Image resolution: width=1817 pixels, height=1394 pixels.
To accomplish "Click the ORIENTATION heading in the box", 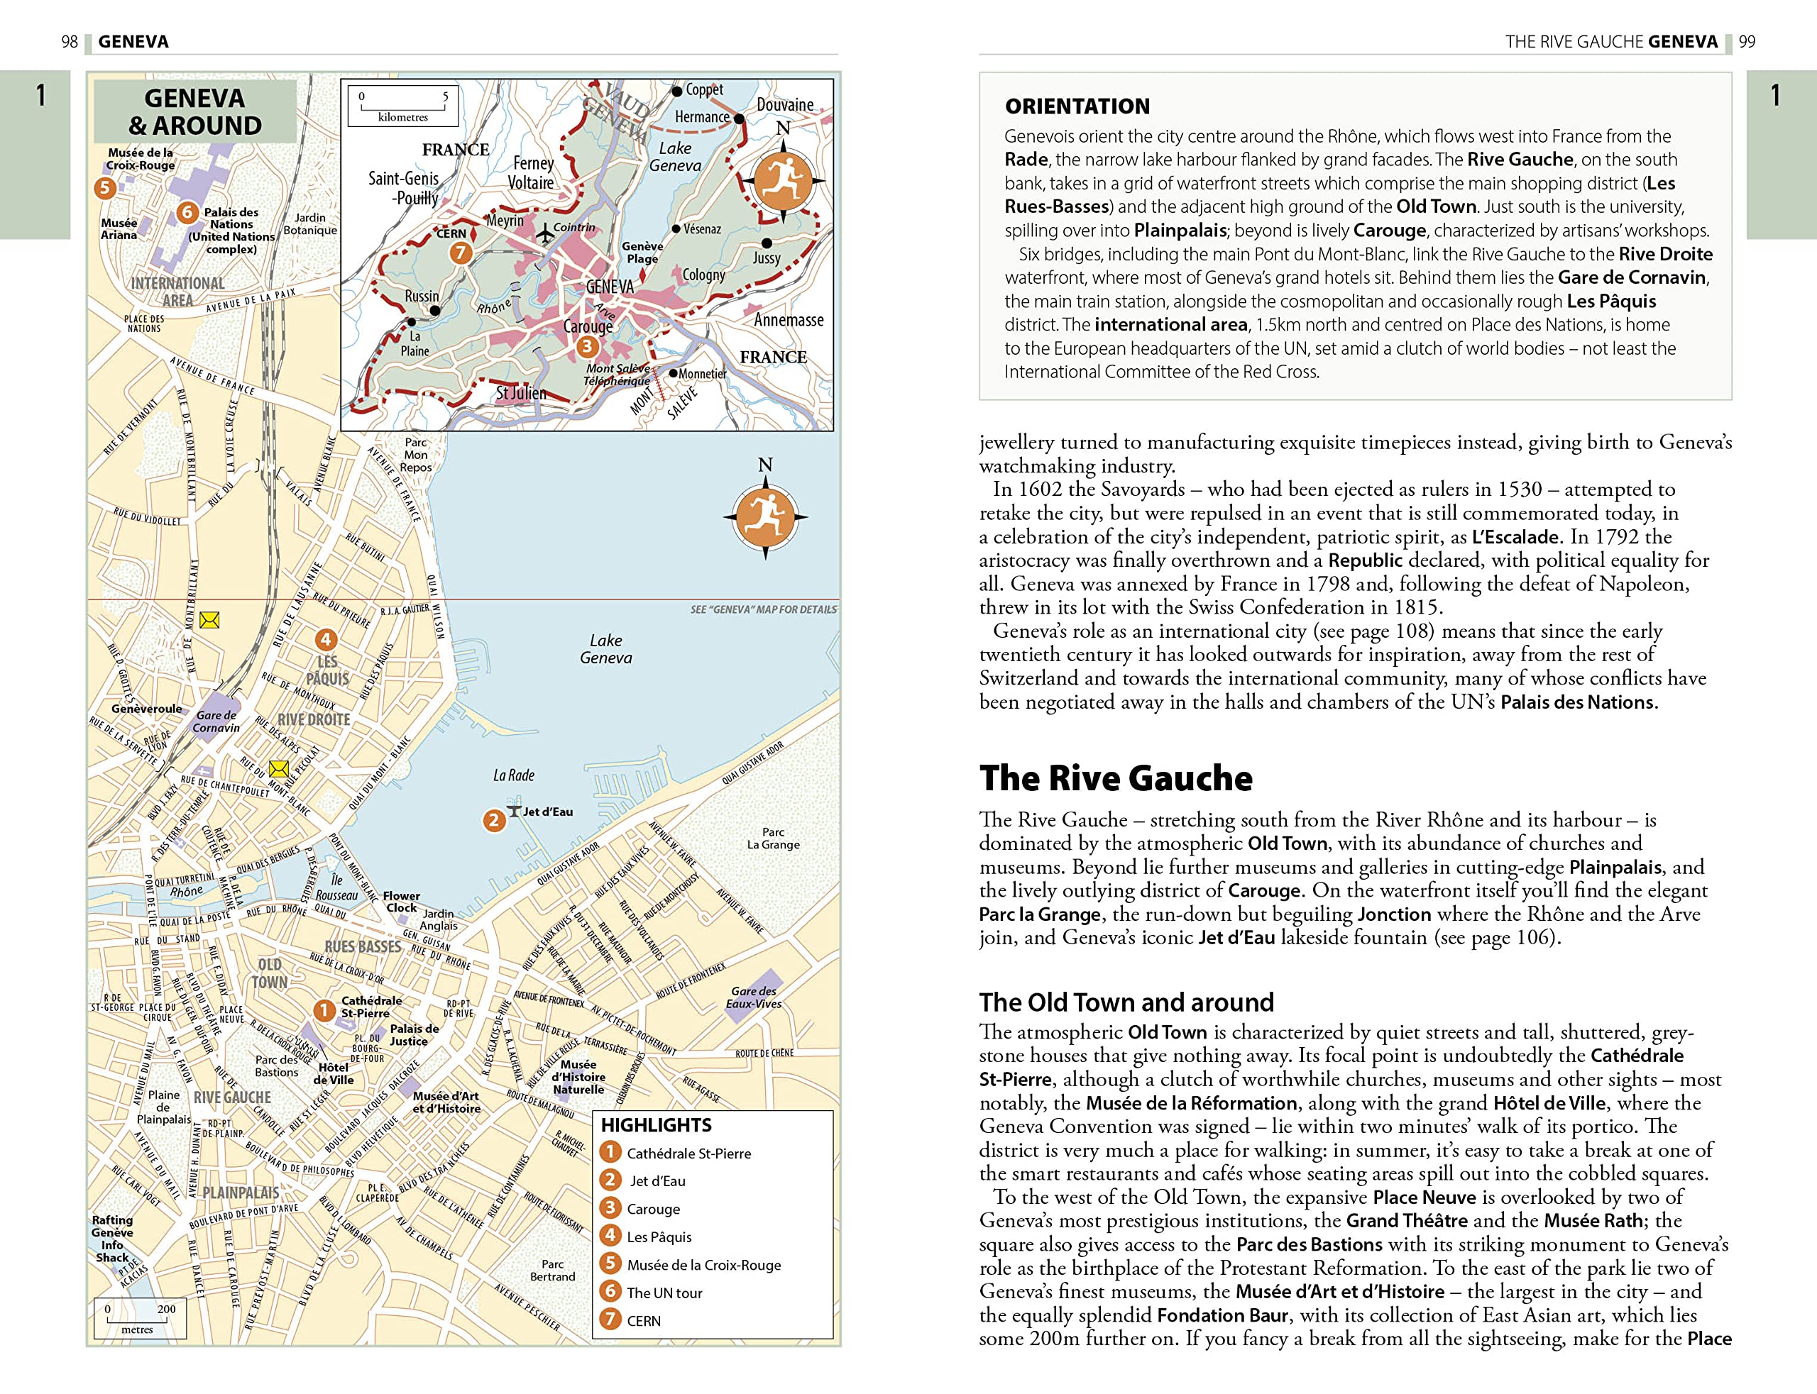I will point(1077,106).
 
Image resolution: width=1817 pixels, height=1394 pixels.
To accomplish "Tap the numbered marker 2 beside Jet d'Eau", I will point(493,821).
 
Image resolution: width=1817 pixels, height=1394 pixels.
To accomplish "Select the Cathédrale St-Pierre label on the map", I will point(370,1007).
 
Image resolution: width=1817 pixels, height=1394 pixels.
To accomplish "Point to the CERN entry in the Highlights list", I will point(643,1321).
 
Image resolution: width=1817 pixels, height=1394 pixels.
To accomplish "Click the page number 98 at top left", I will point(70,41).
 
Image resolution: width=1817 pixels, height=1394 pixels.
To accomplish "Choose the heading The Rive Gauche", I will point(1116,778).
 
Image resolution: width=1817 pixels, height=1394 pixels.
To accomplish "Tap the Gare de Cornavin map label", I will point(216,721).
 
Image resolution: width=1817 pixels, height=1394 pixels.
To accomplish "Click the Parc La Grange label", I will point(773,838).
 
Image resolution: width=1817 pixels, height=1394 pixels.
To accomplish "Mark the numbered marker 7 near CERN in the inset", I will point(461,253).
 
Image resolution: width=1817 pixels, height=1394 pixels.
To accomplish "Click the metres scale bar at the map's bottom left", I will point(138,1319).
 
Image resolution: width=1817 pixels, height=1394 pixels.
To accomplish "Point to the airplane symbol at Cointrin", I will point(544,233).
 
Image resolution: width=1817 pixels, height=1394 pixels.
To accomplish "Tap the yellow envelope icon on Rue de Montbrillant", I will point(209,620).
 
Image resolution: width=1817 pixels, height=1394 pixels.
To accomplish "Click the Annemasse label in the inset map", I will point(789,320).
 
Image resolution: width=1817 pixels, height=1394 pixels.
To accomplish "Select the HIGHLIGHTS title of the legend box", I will point(656,1125).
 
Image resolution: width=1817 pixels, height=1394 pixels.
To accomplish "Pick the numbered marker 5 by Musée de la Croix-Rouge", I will point(104,187).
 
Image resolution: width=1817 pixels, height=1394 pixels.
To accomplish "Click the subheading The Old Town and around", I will point(1126,1002).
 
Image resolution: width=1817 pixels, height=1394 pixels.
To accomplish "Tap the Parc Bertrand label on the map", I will point(552,1271).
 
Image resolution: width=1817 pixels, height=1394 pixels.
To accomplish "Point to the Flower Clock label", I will point(401,901).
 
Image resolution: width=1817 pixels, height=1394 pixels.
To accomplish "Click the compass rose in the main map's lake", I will point(765,516).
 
